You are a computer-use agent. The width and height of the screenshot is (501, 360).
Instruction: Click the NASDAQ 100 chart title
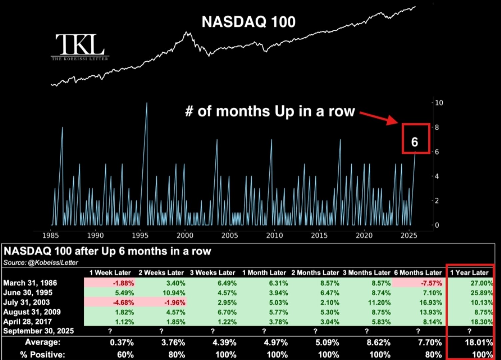(248, 22)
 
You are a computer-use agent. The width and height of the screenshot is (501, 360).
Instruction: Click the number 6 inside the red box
(414, 142)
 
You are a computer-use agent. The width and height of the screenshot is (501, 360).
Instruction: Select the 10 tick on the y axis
(439, 103)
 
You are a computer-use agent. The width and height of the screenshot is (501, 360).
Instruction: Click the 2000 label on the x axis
(185, 235)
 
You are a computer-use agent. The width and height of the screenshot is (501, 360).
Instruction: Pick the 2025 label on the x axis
(409, 235)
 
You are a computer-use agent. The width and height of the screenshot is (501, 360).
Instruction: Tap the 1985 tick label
(51, 235)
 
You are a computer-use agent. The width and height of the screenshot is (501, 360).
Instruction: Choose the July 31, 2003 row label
(27, 302)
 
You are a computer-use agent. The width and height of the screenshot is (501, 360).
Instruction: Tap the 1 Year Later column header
(469, 273)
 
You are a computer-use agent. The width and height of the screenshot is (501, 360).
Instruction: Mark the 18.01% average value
(479, 342)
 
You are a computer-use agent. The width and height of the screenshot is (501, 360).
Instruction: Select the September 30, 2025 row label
(39, 331)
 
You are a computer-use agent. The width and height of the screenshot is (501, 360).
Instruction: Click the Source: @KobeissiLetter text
(41, 263)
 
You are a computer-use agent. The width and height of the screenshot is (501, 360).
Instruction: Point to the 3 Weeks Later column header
(212, 273)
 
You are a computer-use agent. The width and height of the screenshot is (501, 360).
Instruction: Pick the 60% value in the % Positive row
(125, 354)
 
